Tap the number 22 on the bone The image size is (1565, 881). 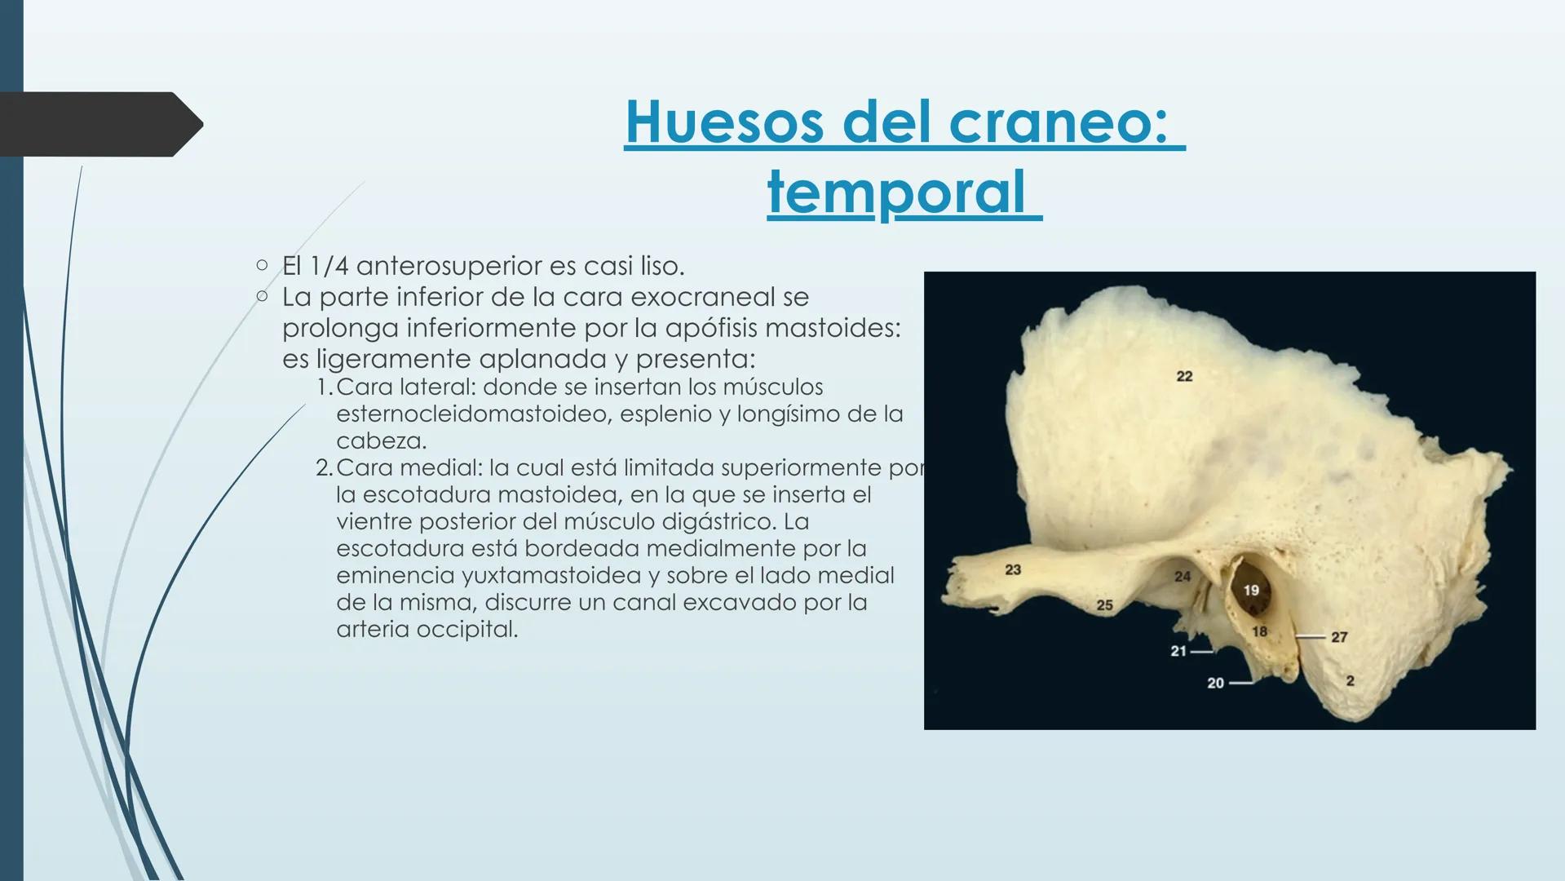tap(1184, 376)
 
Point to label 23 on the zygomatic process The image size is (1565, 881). tap(1013, 569)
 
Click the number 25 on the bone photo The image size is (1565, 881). tap(1104, 605)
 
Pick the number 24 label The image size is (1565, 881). tap(1182, 577)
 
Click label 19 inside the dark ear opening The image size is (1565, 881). tap(1250, 590)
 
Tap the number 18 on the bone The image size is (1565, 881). tap(1259, 631)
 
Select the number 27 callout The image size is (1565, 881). tap(1338, 637)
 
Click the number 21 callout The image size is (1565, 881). tap(1178, 651)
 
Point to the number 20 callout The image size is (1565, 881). tap(1215, 683)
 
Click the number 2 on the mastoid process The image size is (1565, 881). tap(1350, 680)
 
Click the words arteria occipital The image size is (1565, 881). tap(427, 630)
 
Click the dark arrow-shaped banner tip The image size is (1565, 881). tap(188, 124)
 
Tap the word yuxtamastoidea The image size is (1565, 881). tap(551, 576)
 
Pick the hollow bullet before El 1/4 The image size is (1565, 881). tap(261, 265)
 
